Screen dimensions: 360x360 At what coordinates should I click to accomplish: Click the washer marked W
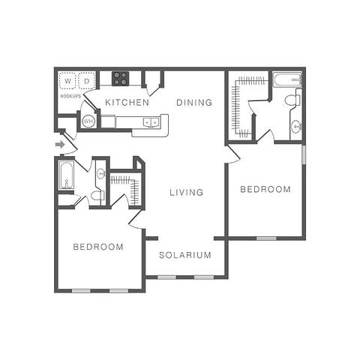pos(67,80)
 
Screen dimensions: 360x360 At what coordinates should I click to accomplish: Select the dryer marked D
pos(87,80)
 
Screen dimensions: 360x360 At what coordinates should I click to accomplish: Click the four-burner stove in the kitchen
pos(120,78)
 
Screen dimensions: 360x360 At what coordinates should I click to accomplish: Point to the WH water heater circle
pos(88,121)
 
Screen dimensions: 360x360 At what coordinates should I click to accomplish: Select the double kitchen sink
pos(151,121)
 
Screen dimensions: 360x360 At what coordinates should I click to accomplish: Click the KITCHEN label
pos(127,102)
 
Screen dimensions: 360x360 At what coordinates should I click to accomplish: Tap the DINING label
pos(194,102)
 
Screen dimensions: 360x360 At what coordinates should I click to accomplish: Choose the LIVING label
pos(186,192)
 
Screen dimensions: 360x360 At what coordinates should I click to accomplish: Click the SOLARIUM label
pos(184,255)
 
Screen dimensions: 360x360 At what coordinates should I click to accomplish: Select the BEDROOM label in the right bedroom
pos(265,190)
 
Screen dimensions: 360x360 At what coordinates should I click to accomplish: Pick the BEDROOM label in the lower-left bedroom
pos(98,247)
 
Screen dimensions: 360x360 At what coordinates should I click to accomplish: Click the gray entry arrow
pos(60,144)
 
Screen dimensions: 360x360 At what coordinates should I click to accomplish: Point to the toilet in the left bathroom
pos(96,196)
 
